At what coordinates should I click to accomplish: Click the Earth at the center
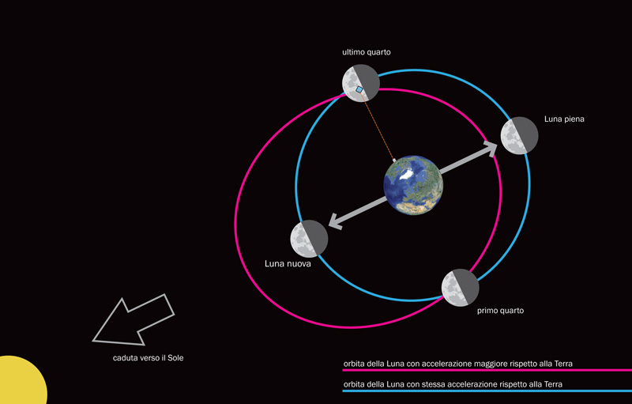413,184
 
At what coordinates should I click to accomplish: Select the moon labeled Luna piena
519,135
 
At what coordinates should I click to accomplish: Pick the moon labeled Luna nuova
309,239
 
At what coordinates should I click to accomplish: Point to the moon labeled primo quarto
460,288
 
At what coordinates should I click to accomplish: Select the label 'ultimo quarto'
367,53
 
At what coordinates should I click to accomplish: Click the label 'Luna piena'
564,119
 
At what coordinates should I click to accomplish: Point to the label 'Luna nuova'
288,265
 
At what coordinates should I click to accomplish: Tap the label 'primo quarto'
500,311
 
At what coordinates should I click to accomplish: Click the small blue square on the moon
360,91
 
